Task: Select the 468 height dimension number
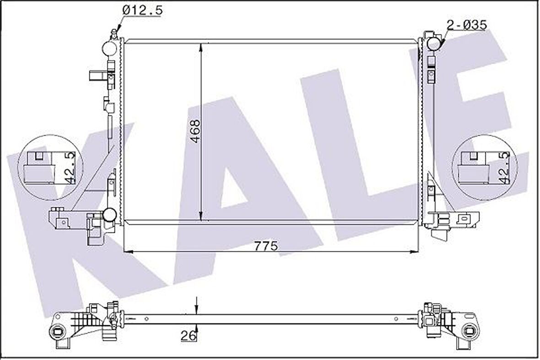(195, 131)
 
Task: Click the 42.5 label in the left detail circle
(70, 168)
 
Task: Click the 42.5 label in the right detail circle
(505, 168)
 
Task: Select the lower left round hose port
(109, 214)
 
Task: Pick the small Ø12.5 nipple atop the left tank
(114, 33)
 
